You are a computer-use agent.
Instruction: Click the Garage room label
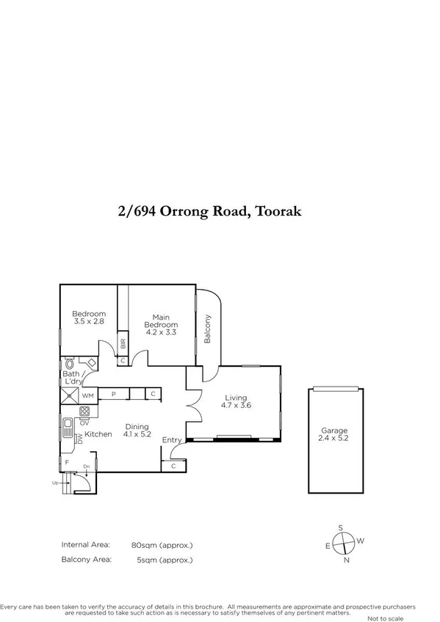(x=333, y=431)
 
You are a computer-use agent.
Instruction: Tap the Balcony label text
(x=208, y=329)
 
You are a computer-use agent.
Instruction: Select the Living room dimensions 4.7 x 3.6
(x=236, y=404)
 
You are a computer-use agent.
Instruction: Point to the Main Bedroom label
(x=161, y=321)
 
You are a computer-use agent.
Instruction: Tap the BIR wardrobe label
(x=123, y=343)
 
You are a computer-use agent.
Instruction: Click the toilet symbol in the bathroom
(x=70, y=363)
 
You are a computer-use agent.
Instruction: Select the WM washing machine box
(x=88, y=395)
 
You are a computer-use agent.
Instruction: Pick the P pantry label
(x=114, y=395)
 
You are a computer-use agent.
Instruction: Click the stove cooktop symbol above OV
(x=84, y=411)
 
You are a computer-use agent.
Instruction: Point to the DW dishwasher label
(x=79, y=438)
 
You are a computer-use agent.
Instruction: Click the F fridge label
(x=67, y=462)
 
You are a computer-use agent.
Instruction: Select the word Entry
(x=171, y=440)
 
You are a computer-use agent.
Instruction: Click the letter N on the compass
(x=345, y=560)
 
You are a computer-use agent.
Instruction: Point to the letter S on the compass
(x=340, y=527)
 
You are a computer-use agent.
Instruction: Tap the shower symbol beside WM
(x=69, y=395)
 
